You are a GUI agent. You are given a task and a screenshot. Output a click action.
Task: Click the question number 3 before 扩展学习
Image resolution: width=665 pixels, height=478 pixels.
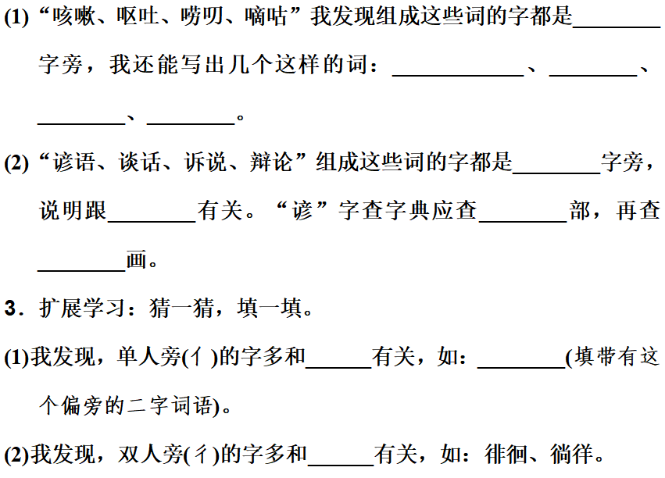pos(10,309)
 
